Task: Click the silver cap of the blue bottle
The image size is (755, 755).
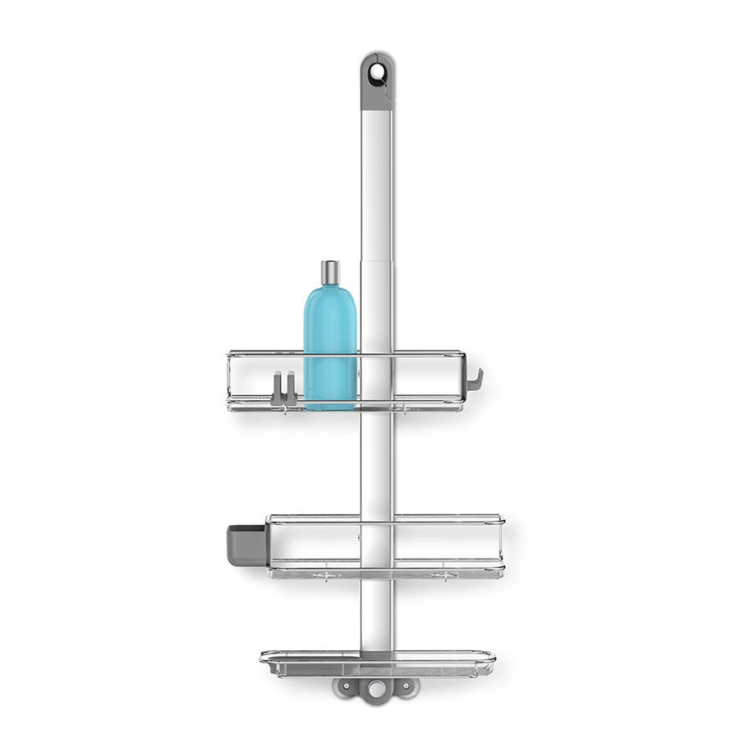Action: pyautogui.click(x=330, y=272)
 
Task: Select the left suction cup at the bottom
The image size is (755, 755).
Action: pyautogui.click(x=345, y=687)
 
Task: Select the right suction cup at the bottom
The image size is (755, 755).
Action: pyautogui.click(x=404, y=687)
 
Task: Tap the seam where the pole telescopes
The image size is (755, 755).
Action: pyautogui.click(x=375, y=261)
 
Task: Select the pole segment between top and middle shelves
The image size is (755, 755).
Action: pyautogui.click(x=375, y=461)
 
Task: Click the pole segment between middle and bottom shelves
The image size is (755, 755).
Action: pyautogui.click(x=375, y=612)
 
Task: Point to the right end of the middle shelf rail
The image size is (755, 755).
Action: pyautogui.click(x=502, y=545)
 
